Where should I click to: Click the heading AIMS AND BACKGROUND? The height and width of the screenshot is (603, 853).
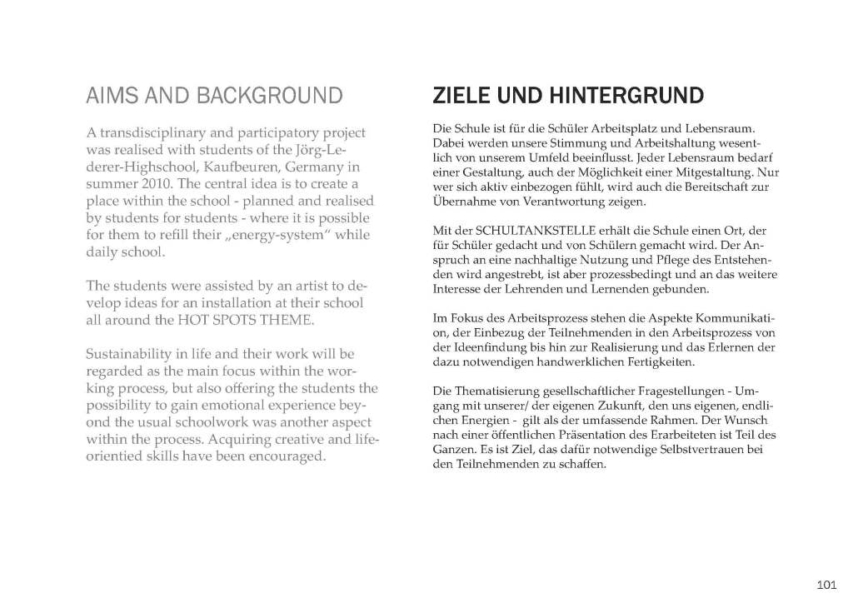[x=214, y=96]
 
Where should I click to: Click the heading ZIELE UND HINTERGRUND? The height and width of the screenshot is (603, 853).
[x=568, y=96]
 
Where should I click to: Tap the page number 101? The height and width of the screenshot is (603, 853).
[x=826, y=583]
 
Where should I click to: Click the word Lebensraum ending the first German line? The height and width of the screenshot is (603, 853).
[x=726, y=127]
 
